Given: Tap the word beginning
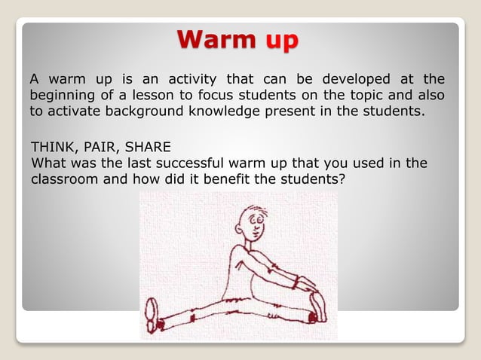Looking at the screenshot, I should [61, 96].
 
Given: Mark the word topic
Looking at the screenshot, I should [367, 96].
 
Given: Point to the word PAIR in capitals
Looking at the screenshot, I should [97, 147].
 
